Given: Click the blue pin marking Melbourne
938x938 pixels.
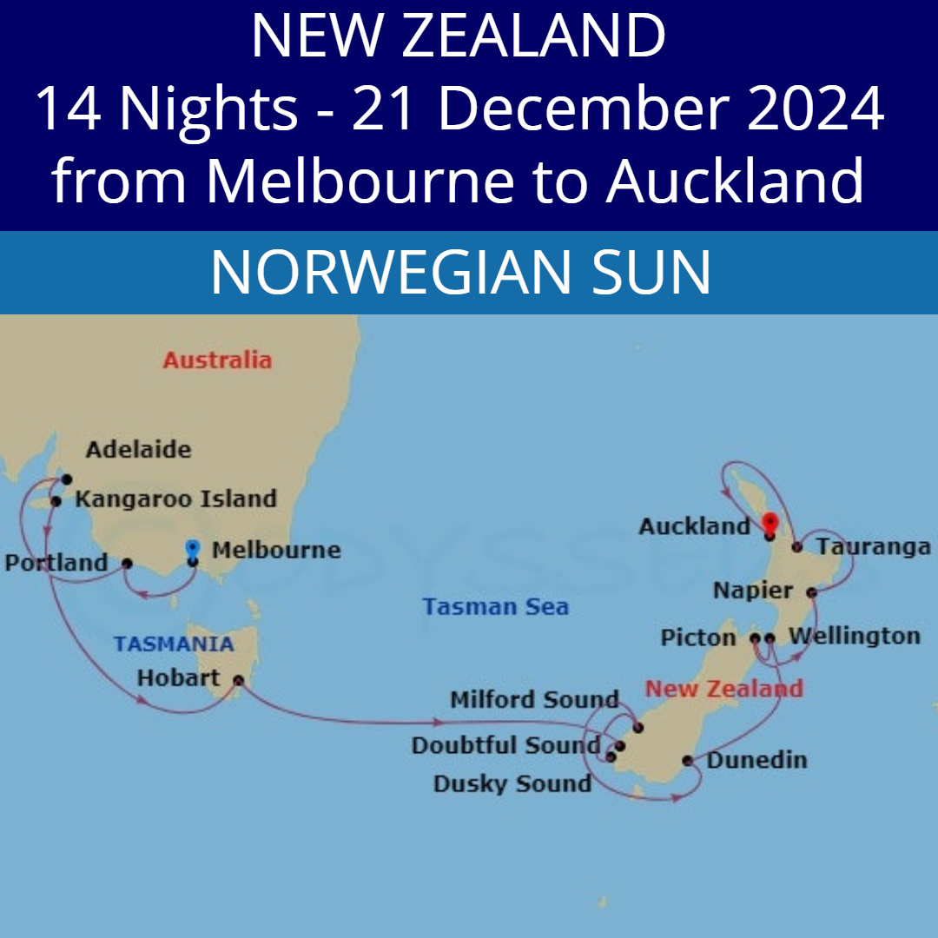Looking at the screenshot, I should point(193,550).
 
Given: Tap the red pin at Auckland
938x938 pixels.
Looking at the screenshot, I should point(769,524).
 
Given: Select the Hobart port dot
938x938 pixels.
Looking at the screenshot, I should point(238,682).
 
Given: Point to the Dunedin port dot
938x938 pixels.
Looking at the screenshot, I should point(688,761).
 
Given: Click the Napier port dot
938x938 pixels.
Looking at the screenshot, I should point(811,592).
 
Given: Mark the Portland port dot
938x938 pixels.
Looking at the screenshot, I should point(127,563).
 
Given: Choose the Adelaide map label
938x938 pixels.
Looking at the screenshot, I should point(138,450).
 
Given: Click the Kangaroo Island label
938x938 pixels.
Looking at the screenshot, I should point(175,499).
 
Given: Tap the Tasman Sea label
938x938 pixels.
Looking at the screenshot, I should point(496,606).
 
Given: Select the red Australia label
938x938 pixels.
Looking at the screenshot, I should point(217,360).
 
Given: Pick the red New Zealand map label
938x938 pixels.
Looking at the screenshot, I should point(723,690).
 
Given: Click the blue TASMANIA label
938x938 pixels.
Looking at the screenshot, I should point(174,644).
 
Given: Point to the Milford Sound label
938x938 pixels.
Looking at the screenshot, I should point(534,699).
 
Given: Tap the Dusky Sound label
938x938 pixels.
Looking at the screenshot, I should point(512,783).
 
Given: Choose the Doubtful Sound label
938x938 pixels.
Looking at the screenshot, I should point(505,745).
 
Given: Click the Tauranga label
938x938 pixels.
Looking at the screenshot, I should point(874,547).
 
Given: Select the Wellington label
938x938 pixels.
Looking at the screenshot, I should point(854,636).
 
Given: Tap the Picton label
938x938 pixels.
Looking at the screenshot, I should point(698,638).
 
